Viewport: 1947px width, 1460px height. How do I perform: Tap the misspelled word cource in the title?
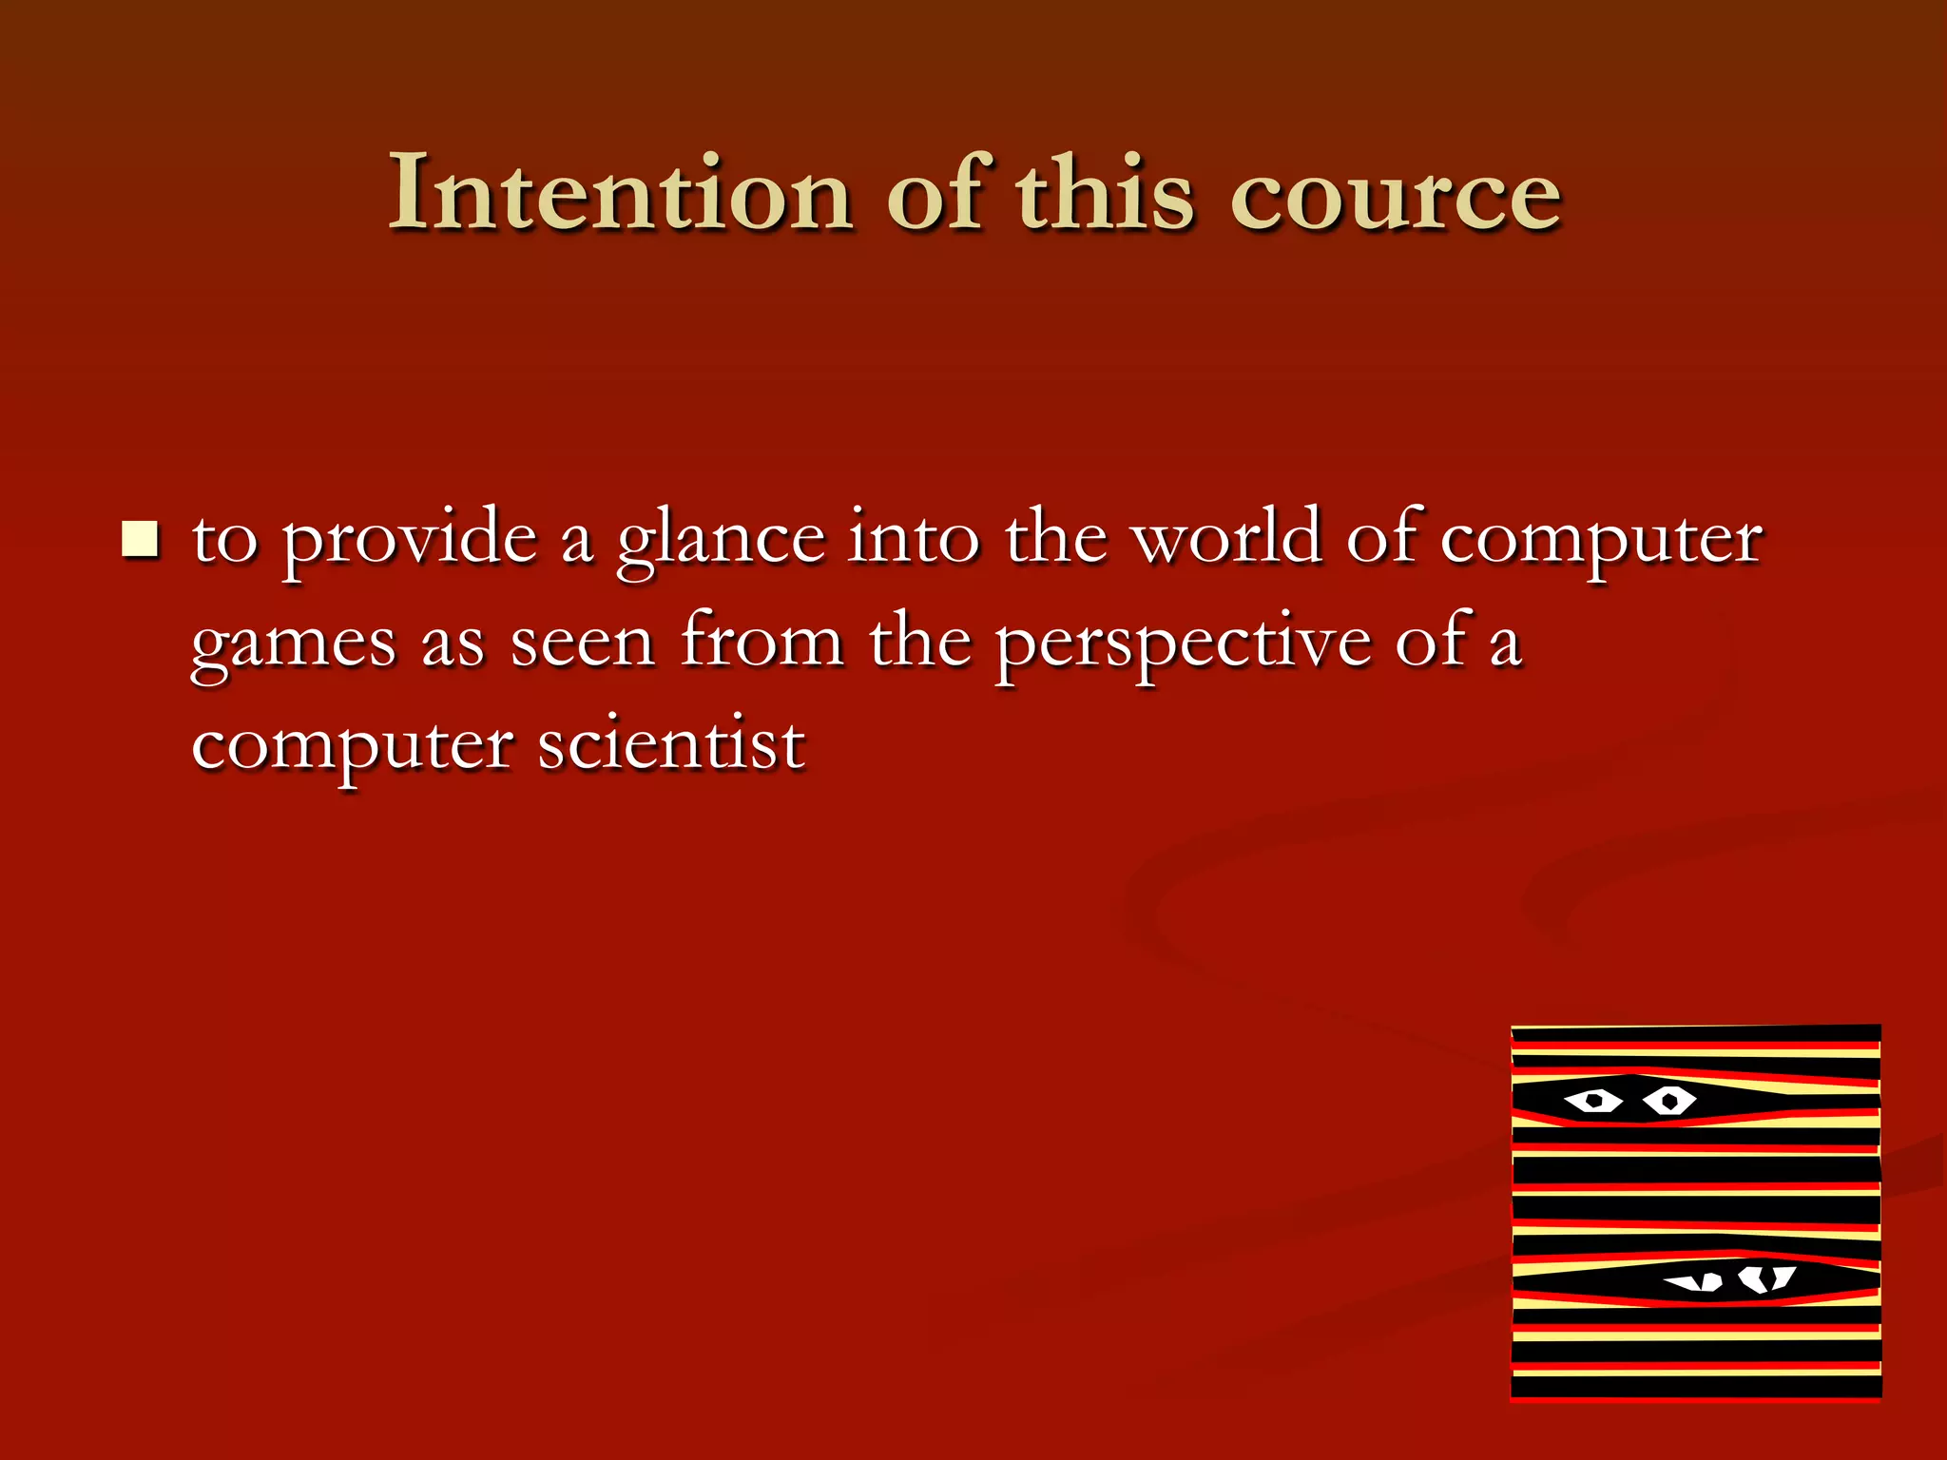point(1395,195)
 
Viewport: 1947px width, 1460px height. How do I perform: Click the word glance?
point(720,540)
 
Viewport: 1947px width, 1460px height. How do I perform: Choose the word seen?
point(582,644)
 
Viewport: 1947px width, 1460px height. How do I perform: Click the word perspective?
point(1183,644)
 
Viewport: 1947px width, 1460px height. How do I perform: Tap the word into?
point(913,538)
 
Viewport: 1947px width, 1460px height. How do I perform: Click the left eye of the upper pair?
point(1594,1102)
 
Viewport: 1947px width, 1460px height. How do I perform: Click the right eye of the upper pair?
point(1668,1102)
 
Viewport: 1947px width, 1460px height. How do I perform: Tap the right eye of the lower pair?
point(1765,1277)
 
